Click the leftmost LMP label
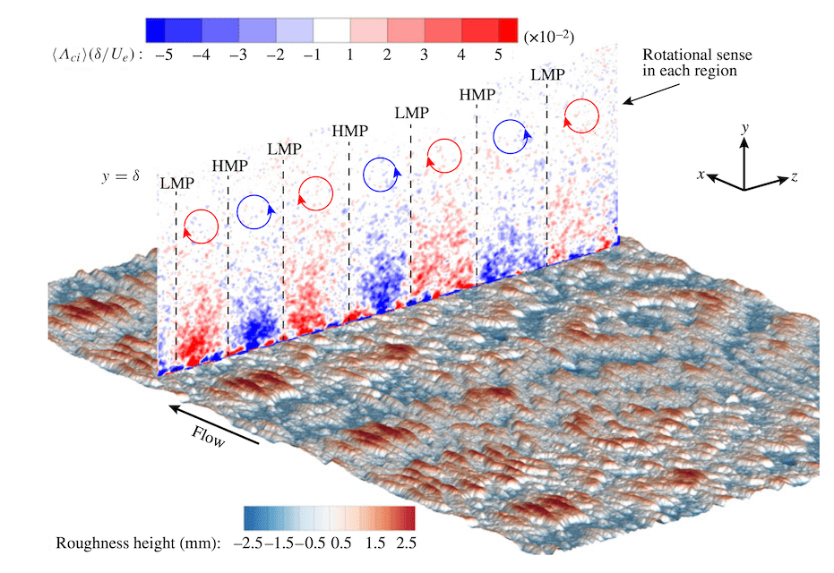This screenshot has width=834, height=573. coord(176,184)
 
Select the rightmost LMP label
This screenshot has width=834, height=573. coord(548,75)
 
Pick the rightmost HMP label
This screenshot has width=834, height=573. coord(477,94)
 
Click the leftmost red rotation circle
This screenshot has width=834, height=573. coord(201,226)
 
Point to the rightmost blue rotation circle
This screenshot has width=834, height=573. coord(512,135)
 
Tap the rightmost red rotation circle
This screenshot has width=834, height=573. coord(581,115)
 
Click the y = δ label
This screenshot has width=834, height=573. coord(121,175)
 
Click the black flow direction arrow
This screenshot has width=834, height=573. coord(214,423)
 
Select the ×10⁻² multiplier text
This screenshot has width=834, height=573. coord(548,36)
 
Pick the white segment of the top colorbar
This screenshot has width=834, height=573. coord(331,30)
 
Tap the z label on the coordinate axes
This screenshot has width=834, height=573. coord(794,177)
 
